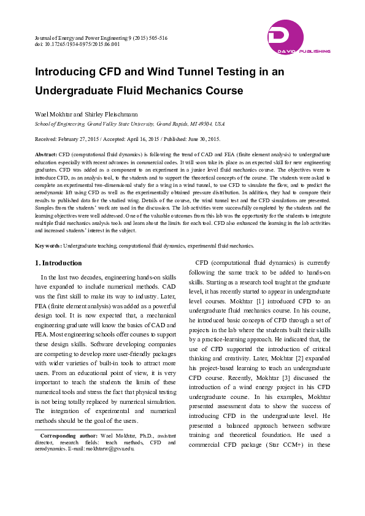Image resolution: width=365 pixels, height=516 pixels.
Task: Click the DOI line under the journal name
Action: (x=77, y=44)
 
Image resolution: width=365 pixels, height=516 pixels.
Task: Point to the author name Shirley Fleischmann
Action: (x=115, y=114)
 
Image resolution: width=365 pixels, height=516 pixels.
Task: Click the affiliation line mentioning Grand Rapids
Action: (x=129, y=123)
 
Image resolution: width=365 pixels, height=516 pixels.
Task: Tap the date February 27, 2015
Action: (x=85, y=139)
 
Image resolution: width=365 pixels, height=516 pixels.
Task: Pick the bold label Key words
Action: (x=48, y=245)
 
